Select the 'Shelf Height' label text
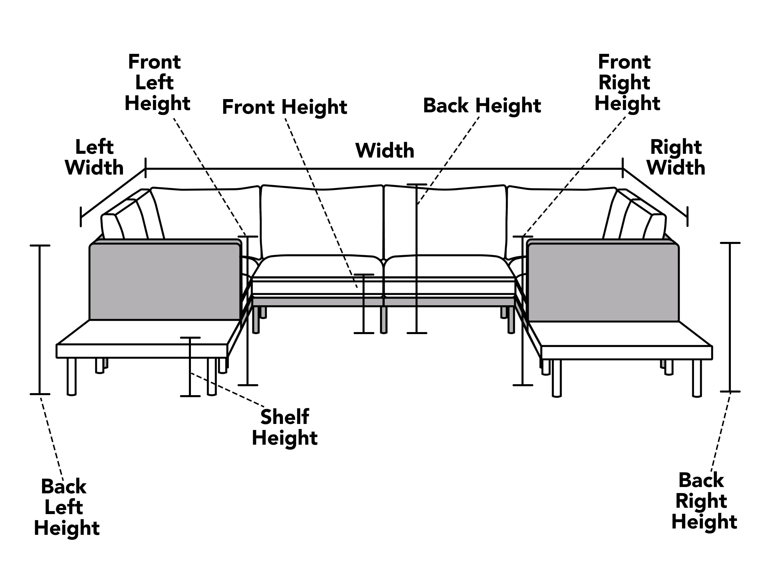coord(285,427)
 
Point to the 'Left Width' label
coord(94,157)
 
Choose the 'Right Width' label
coord(676,157)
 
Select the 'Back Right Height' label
coord(704,501)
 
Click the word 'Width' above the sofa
coord(385,151)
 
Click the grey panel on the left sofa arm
coord(165,282)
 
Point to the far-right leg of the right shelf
coord(697,378)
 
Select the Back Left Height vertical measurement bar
coord(39,320)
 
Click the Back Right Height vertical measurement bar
coord(730,317)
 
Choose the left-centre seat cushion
coord(318,266)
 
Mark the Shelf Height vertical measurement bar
coord(190,367)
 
